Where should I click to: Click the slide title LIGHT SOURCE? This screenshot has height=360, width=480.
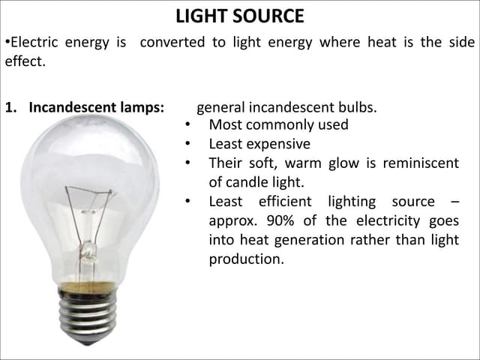coord(240,16)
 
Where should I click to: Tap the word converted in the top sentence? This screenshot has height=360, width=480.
coord(172,43)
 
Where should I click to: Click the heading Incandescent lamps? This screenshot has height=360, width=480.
coord(96,107)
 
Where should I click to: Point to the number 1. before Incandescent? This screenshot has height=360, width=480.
coord(11,107)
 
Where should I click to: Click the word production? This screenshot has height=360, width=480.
coord(246,260)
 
